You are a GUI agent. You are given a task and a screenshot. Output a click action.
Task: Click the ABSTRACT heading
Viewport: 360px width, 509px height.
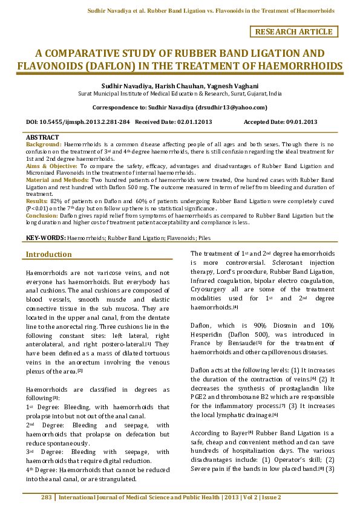42,138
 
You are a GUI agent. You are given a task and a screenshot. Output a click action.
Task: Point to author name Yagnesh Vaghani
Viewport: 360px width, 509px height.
242,86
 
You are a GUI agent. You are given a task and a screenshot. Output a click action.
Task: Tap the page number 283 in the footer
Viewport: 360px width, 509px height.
47,498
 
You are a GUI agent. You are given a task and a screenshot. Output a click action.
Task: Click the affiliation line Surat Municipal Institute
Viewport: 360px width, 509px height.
180,94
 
